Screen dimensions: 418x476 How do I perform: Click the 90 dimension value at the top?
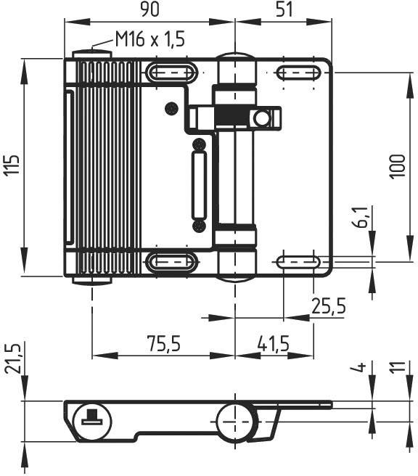[149, 9]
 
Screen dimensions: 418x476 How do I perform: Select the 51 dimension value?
[284, 9]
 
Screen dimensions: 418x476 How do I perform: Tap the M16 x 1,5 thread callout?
[150, 39]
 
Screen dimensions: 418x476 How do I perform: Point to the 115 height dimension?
[12, 165]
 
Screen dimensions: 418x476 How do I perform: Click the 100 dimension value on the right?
[398, 166]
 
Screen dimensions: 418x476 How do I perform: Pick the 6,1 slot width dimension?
[361, 218]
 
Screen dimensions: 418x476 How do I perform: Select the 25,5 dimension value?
[329, 306]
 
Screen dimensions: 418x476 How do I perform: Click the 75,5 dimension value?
[164, 343]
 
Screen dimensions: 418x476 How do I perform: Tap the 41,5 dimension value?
[274, 343]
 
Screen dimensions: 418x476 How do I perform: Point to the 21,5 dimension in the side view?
[13, 358]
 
